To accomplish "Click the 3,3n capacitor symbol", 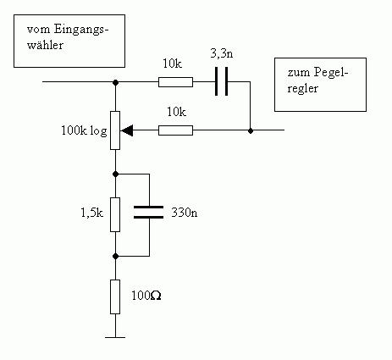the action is (x=221, y=81).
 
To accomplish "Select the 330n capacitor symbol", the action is (x=148, y=212).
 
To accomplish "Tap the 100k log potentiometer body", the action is (x=115, y=130).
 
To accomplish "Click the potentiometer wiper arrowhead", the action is (x=127, y=130).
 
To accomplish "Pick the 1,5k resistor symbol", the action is (x=115, y=214).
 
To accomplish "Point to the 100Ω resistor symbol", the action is (x=115, y=296).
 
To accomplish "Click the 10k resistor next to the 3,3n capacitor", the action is (x=175, y=82).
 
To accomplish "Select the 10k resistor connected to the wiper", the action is (x=175, y=130).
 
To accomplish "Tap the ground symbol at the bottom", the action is (x=115, y=337).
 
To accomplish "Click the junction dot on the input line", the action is (x=115, y=82).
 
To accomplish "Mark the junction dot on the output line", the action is (x=251, y=130).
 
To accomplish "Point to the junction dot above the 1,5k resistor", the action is (x=115, y=174).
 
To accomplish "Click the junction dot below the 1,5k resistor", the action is (x=115, y=256).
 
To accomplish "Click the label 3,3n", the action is (x=222, y=53).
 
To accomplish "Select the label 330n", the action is (x=185, y=213).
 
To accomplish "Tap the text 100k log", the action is (x=84, y=131).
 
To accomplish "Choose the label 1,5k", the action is (x=92, y=213).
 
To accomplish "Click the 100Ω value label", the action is (x=146, y=296).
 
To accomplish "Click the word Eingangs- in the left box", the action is (x=81, y=30).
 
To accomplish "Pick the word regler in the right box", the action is (x=302, y=89).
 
